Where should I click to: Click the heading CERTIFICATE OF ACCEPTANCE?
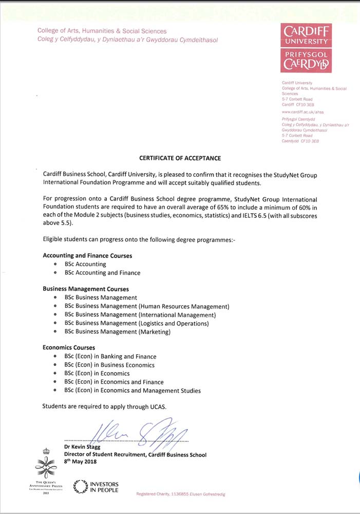180,158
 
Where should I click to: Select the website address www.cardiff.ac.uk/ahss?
303,112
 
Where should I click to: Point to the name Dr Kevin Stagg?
82,447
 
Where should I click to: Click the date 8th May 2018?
81,462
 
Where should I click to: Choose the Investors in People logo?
96,487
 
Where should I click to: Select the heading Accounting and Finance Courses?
87,255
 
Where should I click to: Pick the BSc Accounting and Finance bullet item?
102,273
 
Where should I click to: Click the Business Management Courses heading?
86,289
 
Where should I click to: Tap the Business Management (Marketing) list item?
117,332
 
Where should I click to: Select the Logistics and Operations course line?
137,323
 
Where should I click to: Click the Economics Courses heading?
69,348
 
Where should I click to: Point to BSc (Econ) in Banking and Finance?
110,357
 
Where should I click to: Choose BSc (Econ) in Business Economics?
109,365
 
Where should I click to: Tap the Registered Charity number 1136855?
178,494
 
